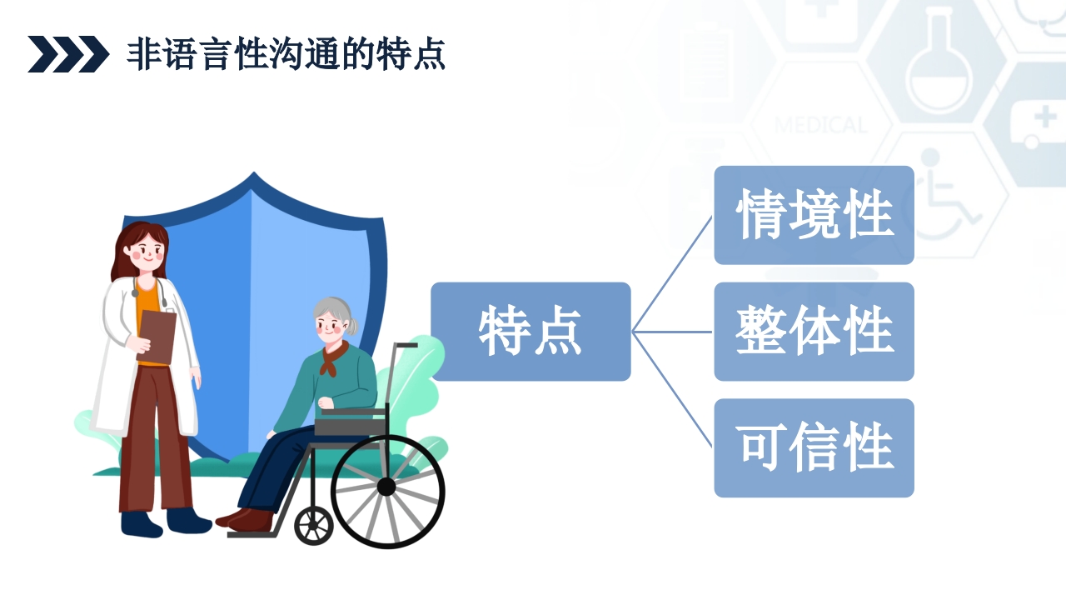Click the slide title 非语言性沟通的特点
286,54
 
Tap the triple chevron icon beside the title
68,54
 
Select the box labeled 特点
531,332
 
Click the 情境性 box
814,215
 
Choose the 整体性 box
814,332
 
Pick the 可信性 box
814,448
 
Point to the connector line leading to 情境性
672,274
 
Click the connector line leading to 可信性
672,389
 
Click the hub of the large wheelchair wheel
386,487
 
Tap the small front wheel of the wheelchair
314,525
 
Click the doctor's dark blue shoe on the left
141,523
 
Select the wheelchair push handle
406,344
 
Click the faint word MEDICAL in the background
820,126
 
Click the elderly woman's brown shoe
248,520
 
